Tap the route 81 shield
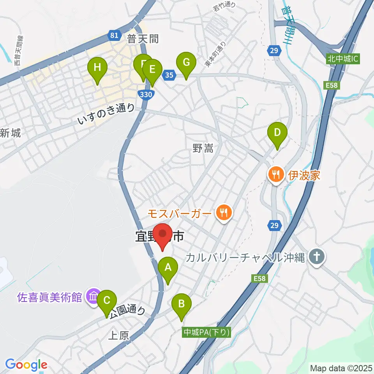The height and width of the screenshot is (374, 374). pos(114,36)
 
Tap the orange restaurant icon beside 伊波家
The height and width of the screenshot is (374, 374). pos(276,174)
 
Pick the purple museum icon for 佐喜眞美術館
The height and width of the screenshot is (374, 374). pos(93,297)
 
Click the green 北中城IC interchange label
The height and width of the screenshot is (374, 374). pos(342,60)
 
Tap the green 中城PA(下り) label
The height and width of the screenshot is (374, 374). pos(207,332)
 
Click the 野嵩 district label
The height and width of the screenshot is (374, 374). pos(203,148)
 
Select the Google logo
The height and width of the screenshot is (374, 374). pos(26,365)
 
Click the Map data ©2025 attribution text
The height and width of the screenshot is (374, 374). pos(341,367)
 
